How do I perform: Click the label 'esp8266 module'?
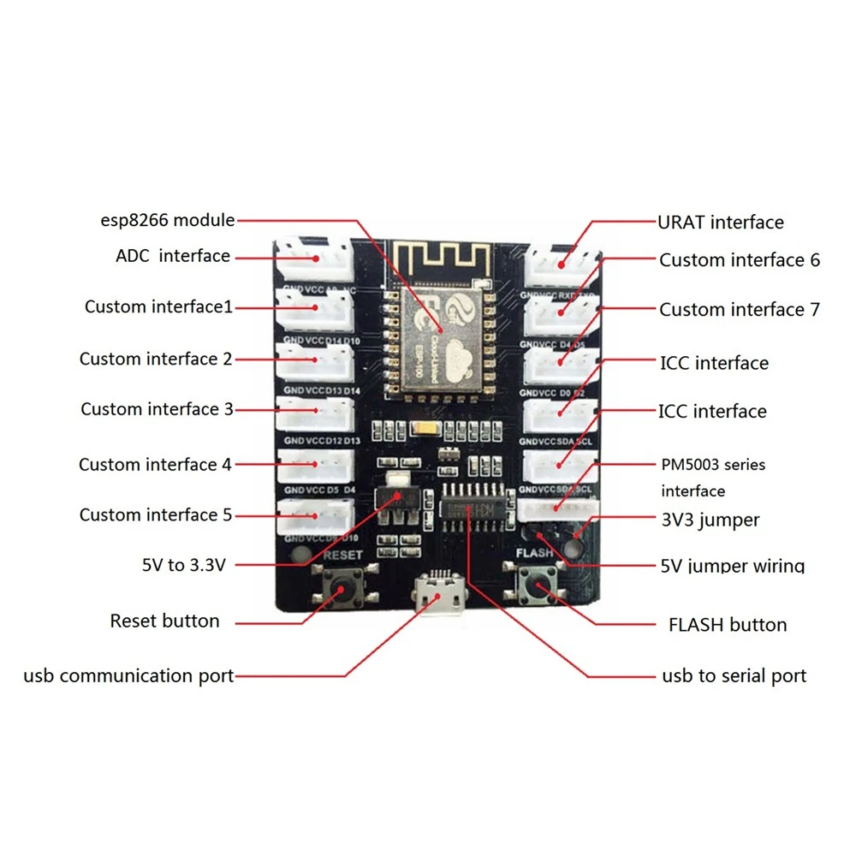point(166,220)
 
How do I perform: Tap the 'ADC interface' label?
point(173,256)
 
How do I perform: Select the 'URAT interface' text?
point(720,223)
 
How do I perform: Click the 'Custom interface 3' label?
point(157,409)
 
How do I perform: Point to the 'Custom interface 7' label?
point(739,309)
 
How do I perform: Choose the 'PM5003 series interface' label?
point(712,478)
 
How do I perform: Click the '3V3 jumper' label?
point(710,520)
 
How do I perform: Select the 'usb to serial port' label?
point(734,676)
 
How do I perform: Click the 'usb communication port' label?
point(128,676)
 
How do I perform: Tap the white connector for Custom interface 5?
point(314,515)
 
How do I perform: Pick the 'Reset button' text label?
point(164,621)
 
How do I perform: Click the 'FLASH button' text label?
point(727,625)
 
